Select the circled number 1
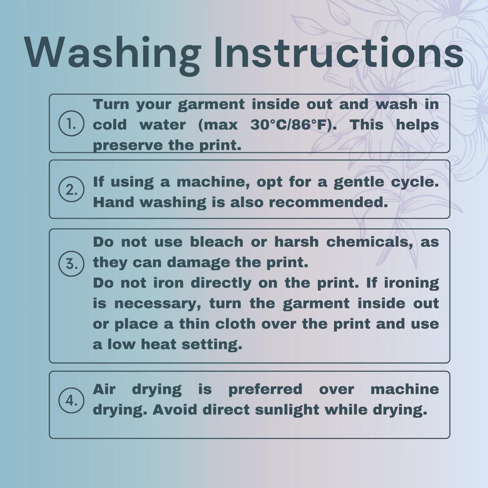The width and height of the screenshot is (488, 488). pyautogui.click(x=71, y=123)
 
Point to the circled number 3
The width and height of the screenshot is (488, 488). pyautogui.click(x=71, y=263)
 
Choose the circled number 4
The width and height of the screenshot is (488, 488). pyautogui.click(x=71, y=400)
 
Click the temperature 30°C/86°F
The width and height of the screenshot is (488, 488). pyautogui.click(x=289, y=125)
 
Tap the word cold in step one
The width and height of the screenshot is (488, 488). pyautogui.click(x=110, y=125)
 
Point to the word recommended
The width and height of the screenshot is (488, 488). pyautogui.click(x=329, y=202)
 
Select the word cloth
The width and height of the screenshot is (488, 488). pyautogui.click(x=235, y=324)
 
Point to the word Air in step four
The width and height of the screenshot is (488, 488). pyautogui.click(x=104, y=389)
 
